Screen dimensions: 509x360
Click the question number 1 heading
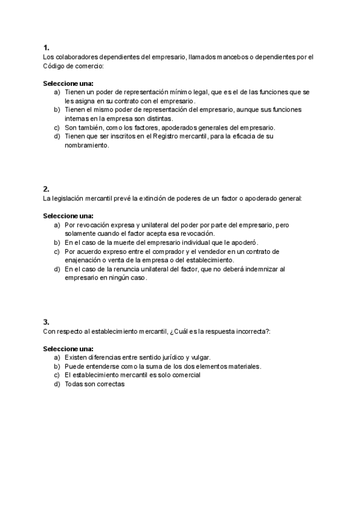pyautogui.click(x=46, y=47)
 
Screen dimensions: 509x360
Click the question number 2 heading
pyautogui.click(x=46, y=188)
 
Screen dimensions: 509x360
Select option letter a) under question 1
pyautogui.click(x=57, y=92)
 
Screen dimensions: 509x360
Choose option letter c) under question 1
pyautogui.click(x=57, y=127)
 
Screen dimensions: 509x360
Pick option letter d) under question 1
pyautogui.click(x=57, y=136)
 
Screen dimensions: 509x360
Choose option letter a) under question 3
pyautogui.click(x=57, y=357)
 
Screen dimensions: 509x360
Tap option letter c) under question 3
pyautogui.click(x=57, y=375)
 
